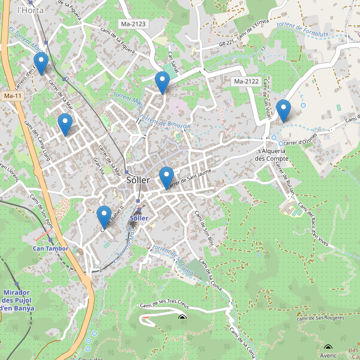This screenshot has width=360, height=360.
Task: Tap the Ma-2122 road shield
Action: [x=246, y=81]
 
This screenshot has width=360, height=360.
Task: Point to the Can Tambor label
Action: [x=50, y=248]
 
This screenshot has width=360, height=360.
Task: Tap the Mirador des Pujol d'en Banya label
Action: [x=17, y=300]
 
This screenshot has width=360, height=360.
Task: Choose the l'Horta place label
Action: [x=28, y=10]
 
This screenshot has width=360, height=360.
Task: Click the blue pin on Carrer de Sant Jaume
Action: [x=166, y=178]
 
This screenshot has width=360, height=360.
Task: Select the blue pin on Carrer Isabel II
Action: [x=104, y=216]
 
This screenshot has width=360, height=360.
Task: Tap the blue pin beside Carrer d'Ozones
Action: [x=283, y=110]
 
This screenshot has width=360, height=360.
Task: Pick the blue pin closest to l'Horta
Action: [x=41, y=62]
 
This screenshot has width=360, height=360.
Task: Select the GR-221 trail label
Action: [x=226, y=43]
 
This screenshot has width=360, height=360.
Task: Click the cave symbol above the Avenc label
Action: [x=328, y=347]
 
